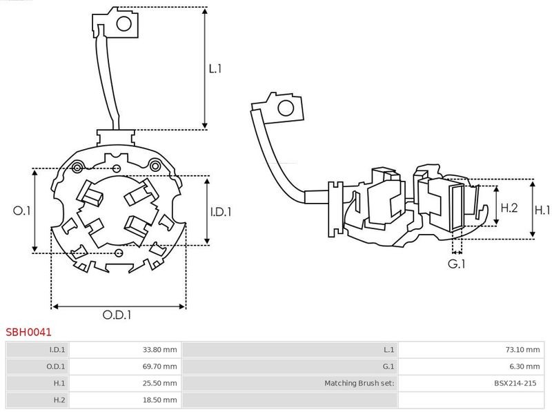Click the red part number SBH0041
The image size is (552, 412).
(x=28, y=332)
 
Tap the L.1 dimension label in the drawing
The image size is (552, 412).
(x=215, y=68)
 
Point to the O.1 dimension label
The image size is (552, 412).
(x=22, y=210)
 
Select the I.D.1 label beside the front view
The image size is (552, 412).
(x=221, y=212)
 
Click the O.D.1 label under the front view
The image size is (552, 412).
(x=117, y=315)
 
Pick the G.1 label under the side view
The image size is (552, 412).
(x=457, y=264)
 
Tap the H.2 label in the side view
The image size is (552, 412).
(x=509, y=208)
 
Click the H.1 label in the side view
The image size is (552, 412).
(x=542, y=210)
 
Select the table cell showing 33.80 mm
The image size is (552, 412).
(x=160, y=350)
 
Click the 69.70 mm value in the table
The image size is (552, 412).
(x=160, y=366)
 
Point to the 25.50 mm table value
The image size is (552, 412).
(x=160, y=383)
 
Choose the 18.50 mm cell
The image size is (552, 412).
(x=160, y=400)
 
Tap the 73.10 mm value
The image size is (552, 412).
(x=522, y=350)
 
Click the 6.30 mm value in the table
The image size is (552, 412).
(x=524, y=366)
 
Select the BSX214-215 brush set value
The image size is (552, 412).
(x=515, y=383)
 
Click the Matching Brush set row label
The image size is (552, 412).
(x=359, y=383)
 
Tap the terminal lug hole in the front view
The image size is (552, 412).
(x=124, y=24)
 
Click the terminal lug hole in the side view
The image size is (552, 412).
(x=286, y=108)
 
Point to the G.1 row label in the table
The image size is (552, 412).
(x=388, y=366)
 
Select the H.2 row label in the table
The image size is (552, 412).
(x=59, y=400)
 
